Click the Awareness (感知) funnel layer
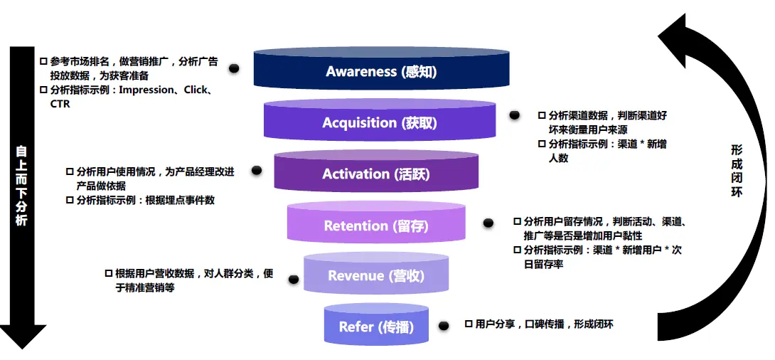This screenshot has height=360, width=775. pyautogui.click(x=381, y=71)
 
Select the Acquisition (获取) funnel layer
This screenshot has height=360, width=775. pyautogui.click(x=380, y=122)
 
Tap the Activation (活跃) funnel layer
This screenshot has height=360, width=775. pyautogui.click(x=376, y=174)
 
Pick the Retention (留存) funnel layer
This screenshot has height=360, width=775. pyautogui.click(x=376, y=226)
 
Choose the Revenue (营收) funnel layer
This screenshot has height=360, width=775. pyautogui.click(x=376, y=275)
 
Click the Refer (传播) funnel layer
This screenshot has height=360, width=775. pyautogui.click(x=376, y=327)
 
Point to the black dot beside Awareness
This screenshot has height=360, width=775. pyautogui.click(x=233, y=68)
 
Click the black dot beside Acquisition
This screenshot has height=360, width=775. pyautogui.click(x=514, y=115)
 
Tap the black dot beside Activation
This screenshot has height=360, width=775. pyautogui.click(x=257, y=171)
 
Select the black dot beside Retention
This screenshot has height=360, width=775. pyautogui.click(x=488, y=223)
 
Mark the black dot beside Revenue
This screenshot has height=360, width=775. pyautogui.click(x=293, y=280)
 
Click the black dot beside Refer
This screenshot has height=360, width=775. pyautogui.click(x=444, y=326)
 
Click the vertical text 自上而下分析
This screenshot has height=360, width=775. pyautogui.click(x=22, y=186)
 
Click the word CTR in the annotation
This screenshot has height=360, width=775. pyautogui.click(x=60, y=104)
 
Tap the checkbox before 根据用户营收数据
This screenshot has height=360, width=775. pyautogui.click(x=109, y=273)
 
